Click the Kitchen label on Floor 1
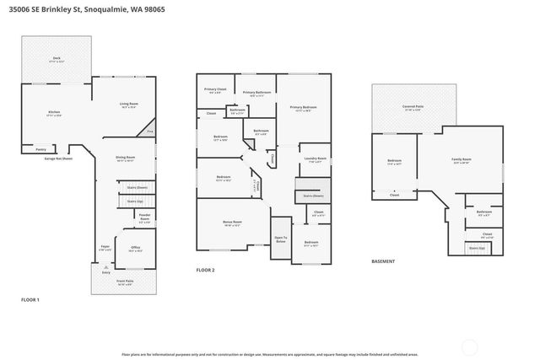54,112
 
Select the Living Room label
128,105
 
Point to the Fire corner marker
150,132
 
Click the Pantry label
40,148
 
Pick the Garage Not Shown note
58,158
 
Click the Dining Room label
125,158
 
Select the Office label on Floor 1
135,249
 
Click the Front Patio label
125,282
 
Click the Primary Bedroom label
304,108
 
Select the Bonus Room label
232,223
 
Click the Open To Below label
280,239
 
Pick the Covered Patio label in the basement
413,108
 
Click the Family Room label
462,160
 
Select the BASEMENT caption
384,261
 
